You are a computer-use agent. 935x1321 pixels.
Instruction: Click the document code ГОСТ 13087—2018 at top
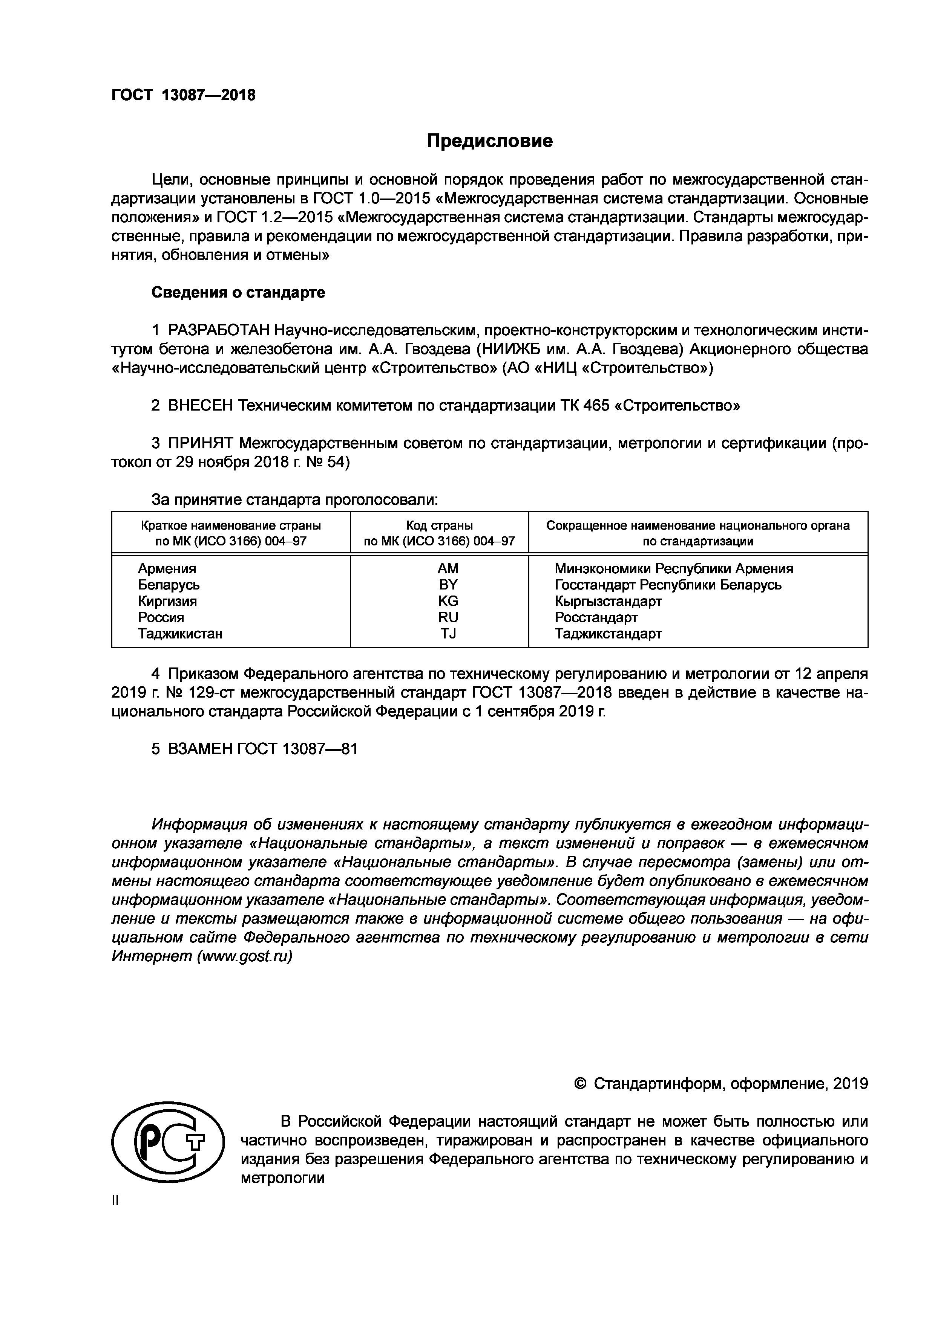[x=183, y=95]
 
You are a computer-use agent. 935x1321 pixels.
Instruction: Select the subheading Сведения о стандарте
[x=238, y=293]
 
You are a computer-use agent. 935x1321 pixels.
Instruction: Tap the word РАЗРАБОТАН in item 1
[x=219, y=330]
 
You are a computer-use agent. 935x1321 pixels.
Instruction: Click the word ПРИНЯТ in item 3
[x=200, y=444]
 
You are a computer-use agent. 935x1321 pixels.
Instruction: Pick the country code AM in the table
[x=448, y=568]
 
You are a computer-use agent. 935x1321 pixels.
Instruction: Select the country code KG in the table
[x=448, y=601]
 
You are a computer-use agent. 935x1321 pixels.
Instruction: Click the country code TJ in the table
[x=448, y=634]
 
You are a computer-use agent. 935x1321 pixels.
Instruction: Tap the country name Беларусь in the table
[x=169, y=585]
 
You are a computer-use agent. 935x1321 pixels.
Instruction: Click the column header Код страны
[x=439, y=525]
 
